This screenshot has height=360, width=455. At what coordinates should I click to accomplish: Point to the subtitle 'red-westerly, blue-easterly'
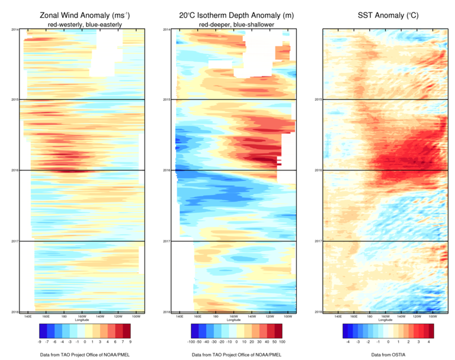click(x=82, y=24)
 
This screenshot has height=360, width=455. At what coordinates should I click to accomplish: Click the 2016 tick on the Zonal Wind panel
click(x=15, y=170)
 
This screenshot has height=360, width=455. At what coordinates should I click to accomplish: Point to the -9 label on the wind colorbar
click(x=39, y=342)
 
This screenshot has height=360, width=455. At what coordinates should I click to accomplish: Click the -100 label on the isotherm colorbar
click(x=193, y=342)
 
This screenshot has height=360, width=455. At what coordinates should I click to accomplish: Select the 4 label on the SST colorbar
click(x=428, y=342)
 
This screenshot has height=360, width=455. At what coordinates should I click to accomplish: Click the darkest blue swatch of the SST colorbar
click(x=331, y=331)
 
